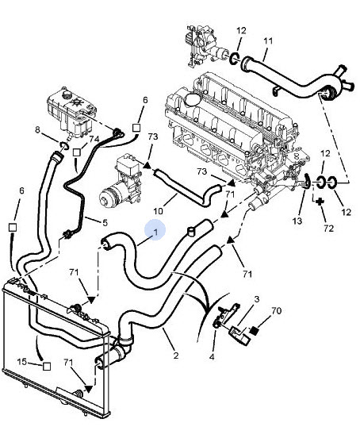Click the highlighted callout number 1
[x=155, y=232]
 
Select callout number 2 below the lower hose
[x=176, y=356]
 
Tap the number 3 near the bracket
[x=257, y=299]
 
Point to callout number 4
[x=212, y=356]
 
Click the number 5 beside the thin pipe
[x=105, y=223]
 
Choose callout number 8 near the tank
[x=38, y=129]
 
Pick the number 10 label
[x=159, y=211]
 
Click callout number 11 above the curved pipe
[x=268, y=41]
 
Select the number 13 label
[x=297, y=221]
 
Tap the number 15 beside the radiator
[x=22, y=362]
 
